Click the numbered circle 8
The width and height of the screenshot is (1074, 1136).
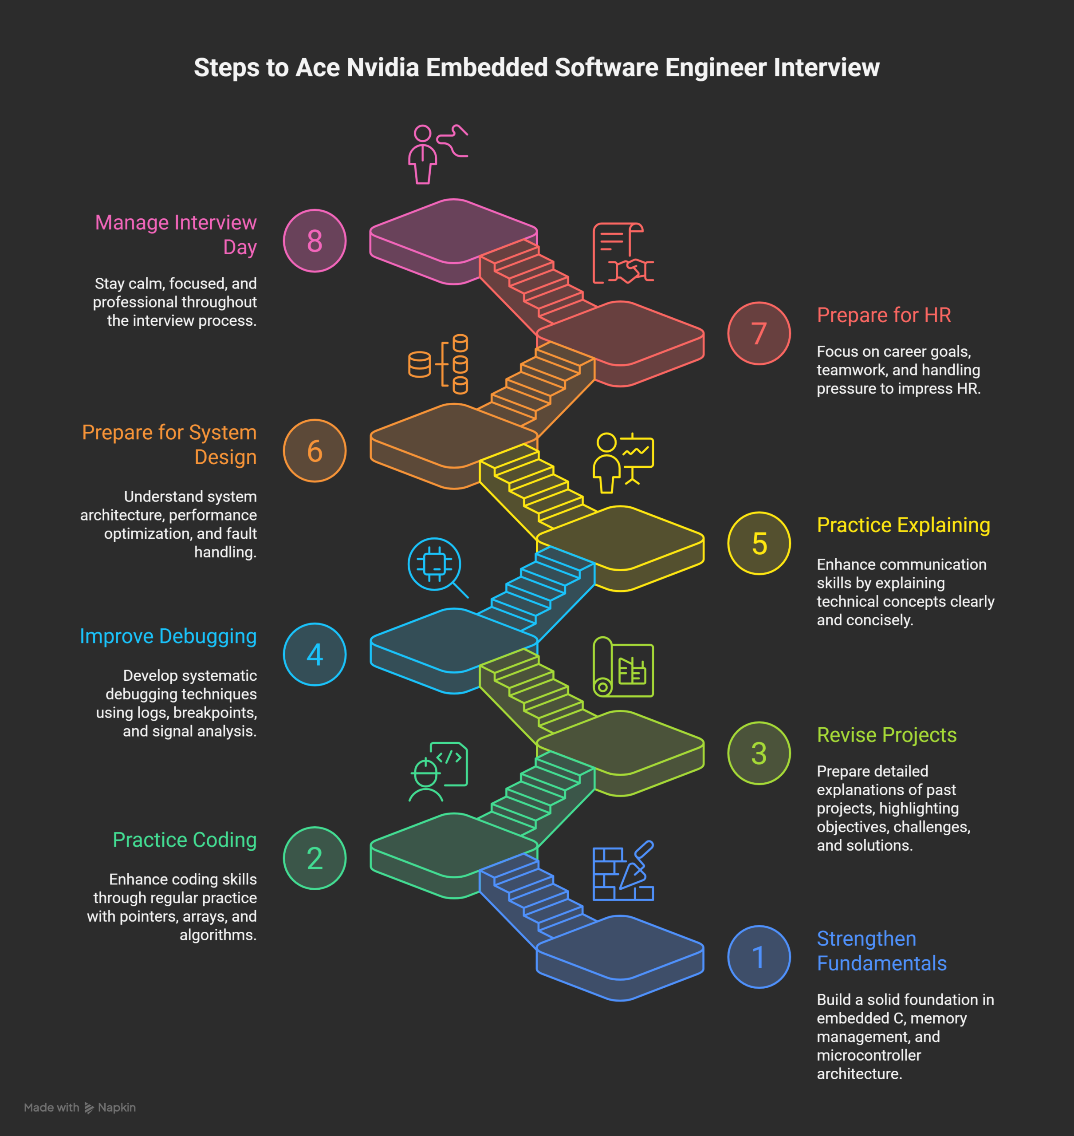coord(314,241)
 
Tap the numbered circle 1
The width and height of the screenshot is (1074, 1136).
coord(759,957)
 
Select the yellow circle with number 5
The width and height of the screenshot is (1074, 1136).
coord(759,543)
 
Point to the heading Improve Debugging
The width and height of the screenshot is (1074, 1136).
coord(168,636)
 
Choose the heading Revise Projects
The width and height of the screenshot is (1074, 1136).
coord(886,734)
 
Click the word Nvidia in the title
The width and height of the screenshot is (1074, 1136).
coord(383,67)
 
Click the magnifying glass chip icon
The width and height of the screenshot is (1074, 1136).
coord(437,567)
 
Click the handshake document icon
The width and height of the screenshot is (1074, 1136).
coord(622,253)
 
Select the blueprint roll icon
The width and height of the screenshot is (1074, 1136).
coord(622,667)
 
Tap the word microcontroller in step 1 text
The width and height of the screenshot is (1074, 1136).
coord(869,1055)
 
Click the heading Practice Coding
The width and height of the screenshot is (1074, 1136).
coord(185,840)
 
